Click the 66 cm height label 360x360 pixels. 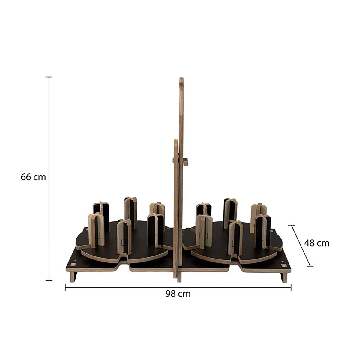click(33, 177)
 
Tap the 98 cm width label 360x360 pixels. click(178, 294)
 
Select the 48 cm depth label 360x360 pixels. click(317, 243)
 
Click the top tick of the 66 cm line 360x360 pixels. click(49, 77)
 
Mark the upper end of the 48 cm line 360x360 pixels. click(291, 225)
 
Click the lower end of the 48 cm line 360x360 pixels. click(310, 266)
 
